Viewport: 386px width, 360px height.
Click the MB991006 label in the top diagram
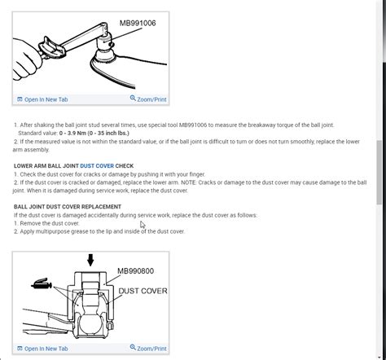coord(138,24)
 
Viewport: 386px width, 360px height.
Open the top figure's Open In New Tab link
coord(46,99)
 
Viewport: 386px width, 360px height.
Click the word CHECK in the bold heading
coord(125,165)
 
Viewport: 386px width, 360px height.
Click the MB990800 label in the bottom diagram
coord(135,272)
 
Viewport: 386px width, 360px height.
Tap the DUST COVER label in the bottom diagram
coord(142,291)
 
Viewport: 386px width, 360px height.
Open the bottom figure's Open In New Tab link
coord(46,349)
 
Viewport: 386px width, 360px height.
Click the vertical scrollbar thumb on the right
coord(380,171)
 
